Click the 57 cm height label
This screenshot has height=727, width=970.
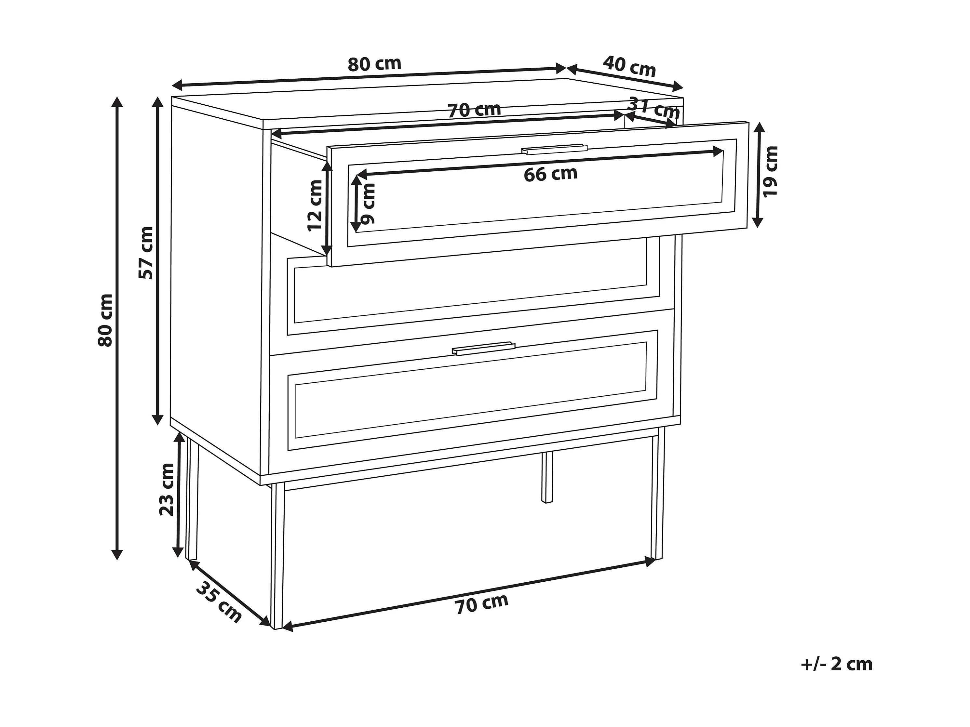coord(146,253)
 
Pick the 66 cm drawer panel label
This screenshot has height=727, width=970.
coord(550,174)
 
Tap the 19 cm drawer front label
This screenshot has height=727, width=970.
coord(770,172)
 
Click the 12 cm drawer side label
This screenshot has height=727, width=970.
coord(315,205)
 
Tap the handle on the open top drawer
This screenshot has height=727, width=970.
coord(554,150)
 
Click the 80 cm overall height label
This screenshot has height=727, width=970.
coord(106,320)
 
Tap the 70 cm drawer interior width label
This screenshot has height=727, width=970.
coord(474,110)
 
